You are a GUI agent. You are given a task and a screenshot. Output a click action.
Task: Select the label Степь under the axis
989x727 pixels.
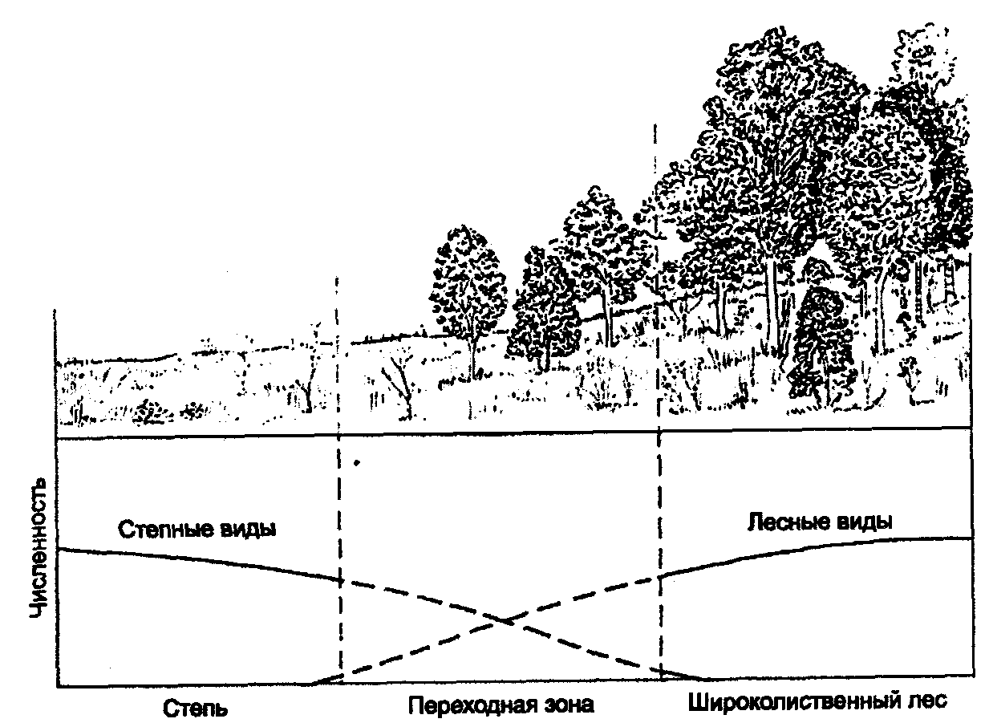pyautogui.click(x=196, y=708)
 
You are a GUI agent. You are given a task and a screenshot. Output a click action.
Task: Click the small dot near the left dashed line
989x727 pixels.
pyautogui.click(x=358, y=462)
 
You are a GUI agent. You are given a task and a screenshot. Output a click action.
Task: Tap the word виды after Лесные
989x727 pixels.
pyautogui.click(x=861, y=521)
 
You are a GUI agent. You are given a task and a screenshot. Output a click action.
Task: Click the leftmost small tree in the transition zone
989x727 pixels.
pyautogui.click(x=470, y=297)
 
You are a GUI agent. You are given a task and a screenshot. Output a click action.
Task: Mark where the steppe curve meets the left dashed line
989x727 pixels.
pyautogui.click(x=340, y=579)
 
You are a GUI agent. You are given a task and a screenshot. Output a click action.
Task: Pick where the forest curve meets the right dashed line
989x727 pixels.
pyautogui.click(x=660, y=575)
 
